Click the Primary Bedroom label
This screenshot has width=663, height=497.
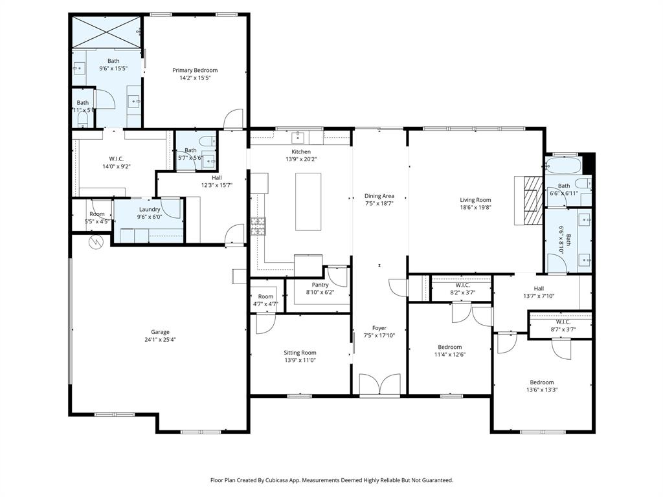(195, 70)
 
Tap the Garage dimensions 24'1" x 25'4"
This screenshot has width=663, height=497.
(160, 339)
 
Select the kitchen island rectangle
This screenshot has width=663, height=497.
(309, 201)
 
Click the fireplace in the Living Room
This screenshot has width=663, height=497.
(531, 201)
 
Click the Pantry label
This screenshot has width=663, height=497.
(320, 285)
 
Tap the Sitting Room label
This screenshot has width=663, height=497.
(300, 353)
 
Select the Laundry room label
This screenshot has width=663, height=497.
(150, 209)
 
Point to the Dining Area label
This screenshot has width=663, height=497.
(379, 196)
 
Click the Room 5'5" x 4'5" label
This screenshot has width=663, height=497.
(96, 214)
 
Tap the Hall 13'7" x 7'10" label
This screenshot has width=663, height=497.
(539, 289)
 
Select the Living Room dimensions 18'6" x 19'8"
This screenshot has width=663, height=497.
(475, 208)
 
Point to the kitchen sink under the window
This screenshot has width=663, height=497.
(299, 137)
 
